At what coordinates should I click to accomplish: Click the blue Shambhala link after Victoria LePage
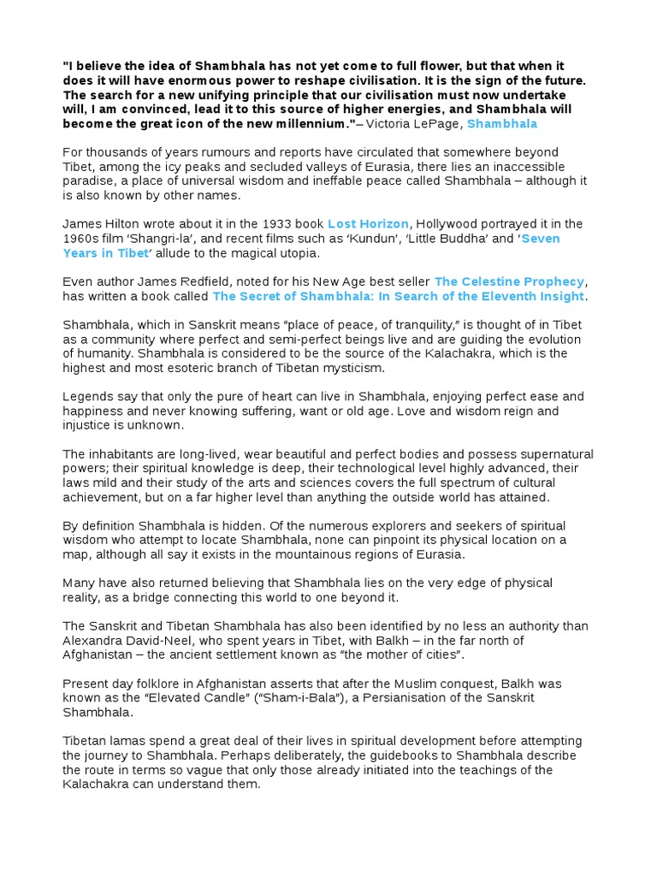pos(502,124)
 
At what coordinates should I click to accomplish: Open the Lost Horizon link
pos(375,223)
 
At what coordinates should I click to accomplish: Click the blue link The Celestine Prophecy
pos(509,281)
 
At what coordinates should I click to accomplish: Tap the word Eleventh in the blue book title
pos(504,296)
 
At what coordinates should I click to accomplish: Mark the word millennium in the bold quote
pos(311,124)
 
